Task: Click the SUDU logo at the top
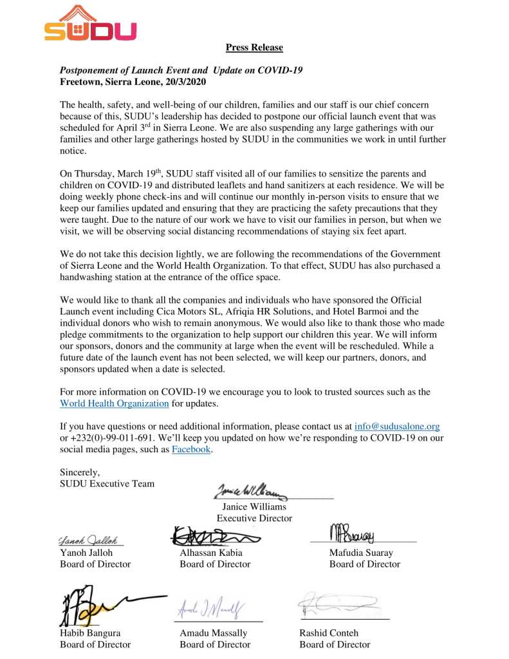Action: tap(90, 24)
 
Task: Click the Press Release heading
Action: tap(254, 48)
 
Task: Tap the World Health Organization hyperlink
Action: tap(115, 404)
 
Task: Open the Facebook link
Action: tap(191, 450)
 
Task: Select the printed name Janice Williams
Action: tap(254, 507)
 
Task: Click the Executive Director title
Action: tap(254, 519)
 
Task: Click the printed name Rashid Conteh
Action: tap(329, 633)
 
